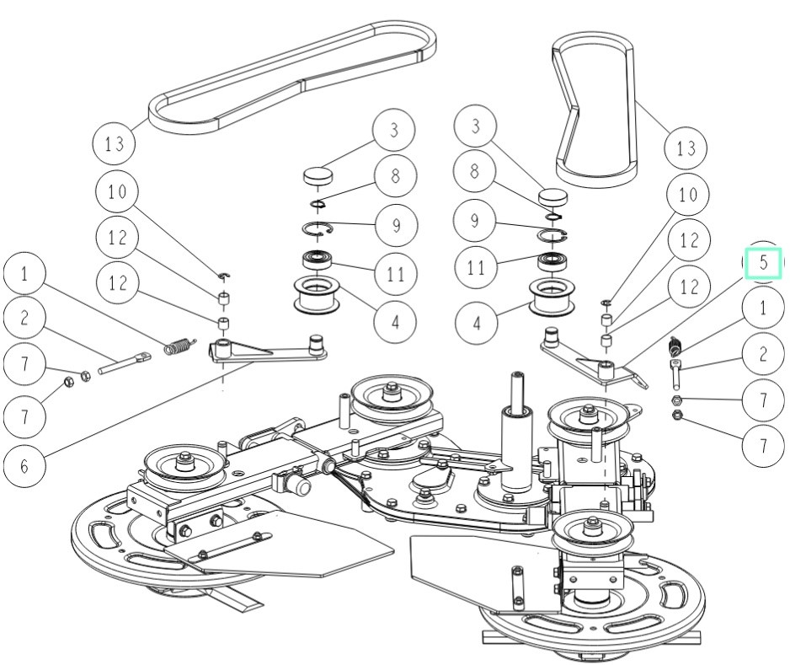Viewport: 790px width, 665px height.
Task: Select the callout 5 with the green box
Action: [x=762, y=262]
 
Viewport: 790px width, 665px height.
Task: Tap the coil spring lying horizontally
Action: [x=178, y=346]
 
